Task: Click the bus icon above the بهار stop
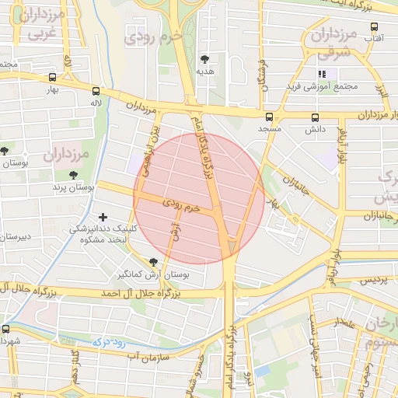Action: (52, 78)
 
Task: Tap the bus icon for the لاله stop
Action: (96, 90)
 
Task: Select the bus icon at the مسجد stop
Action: (270, 117)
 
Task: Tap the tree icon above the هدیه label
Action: (205, 59)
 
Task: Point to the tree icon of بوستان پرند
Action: (74, 176)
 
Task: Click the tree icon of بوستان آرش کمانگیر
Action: (152, 262)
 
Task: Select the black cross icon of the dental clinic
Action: (103, 217)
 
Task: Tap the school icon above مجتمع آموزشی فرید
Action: (322, 74)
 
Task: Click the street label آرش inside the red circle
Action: (175, 231)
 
